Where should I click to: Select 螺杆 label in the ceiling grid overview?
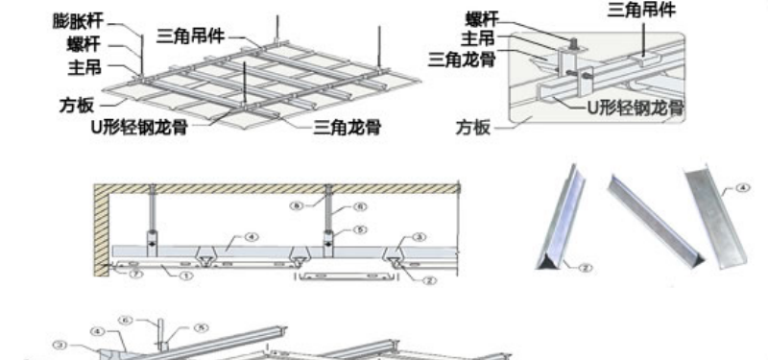82,44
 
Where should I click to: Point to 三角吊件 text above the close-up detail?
641,11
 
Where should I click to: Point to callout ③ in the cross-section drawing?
419,236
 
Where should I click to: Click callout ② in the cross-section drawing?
432,280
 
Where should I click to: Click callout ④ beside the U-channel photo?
744,188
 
